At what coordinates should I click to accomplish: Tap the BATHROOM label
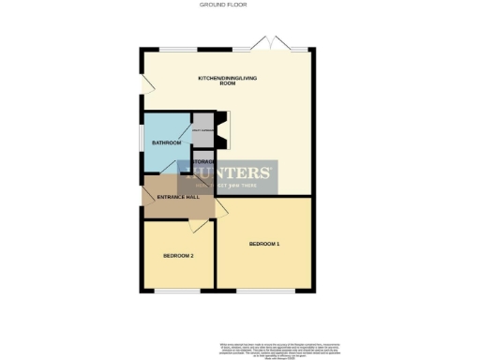coord(166,142)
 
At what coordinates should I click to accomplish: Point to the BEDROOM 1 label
coord(264,244)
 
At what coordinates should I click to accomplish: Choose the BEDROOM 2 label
coord(178,256)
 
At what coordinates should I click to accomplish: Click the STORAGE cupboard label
coord(203,162)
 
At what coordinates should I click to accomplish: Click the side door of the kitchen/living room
coord(145,85)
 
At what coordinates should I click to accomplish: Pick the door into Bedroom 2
coord(198,225)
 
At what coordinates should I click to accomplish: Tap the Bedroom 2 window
coord(177,292)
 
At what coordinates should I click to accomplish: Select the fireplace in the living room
coord(221,131)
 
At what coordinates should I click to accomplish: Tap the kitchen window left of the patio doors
coord(177,49)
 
